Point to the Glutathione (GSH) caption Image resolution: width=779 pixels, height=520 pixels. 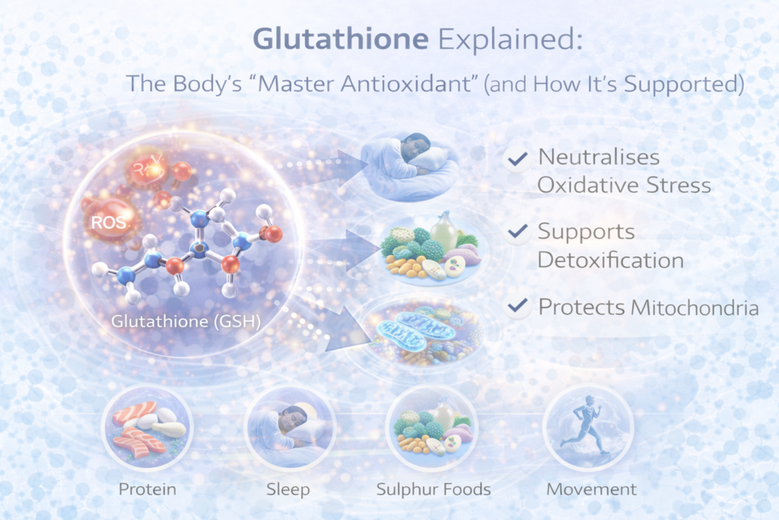pyautogui.click(x=186, y=321)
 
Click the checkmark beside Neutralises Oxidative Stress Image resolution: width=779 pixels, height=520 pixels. pyautogui.click(x=519, y=159)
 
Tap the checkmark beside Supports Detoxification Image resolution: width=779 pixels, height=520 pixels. pyautogui.click(x=519, y=231)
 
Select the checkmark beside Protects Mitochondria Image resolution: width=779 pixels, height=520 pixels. pyautogui.click(x=519, y=307)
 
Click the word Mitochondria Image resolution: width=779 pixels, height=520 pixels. pyautogui.click(x=695, y=308)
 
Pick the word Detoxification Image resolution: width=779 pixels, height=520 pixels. pyautogui.click(x=610, y=260)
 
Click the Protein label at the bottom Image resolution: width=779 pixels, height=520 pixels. pyautogui.click(x=148, y=487)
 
